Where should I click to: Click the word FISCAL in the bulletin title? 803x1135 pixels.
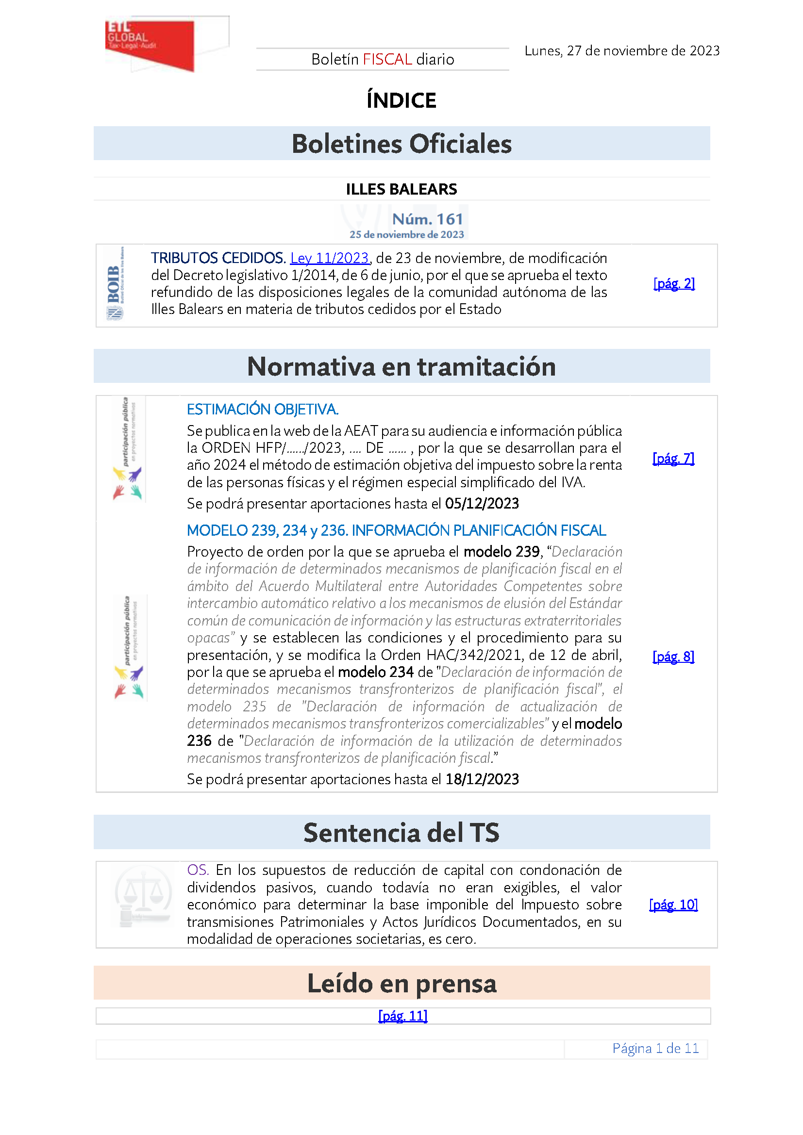click(387, 59)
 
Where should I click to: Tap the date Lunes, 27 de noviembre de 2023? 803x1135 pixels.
click(621, 51)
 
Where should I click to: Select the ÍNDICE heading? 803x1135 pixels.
click(401, 100)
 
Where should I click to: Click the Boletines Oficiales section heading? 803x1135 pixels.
click(401, 144)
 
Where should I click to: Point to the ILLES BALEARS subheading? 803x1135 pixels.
click(401, 189)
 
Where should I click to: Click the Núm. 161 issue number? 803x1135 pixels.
click(427, 219)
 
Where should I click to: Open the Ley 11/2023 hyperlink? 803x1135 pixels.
click(329, 258)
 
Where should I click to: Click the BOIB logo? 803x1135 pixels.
click(115, 284)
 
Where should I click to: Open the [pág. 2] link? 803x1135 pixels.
click(674, 283)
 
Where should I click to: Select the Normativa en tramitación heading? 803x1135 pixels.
click(401, 366)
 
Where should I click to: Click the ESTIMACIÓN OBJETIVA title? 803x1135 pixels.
click(263, 410)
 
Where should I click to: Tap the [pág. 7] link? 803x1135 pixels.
click(673, 458)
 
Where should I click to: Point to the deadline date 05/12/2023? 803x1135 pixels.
click(482, 503)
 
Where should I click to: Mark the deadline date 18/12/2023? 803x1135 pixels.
click(482, 779)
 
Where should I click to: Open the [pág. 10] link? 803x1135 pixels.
click(673, 904)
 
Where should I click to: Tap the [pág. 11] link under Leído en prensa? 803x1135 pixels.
click(402, 1015)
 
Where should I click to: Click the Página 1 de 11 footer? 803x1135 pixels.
click(655, 1048)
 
